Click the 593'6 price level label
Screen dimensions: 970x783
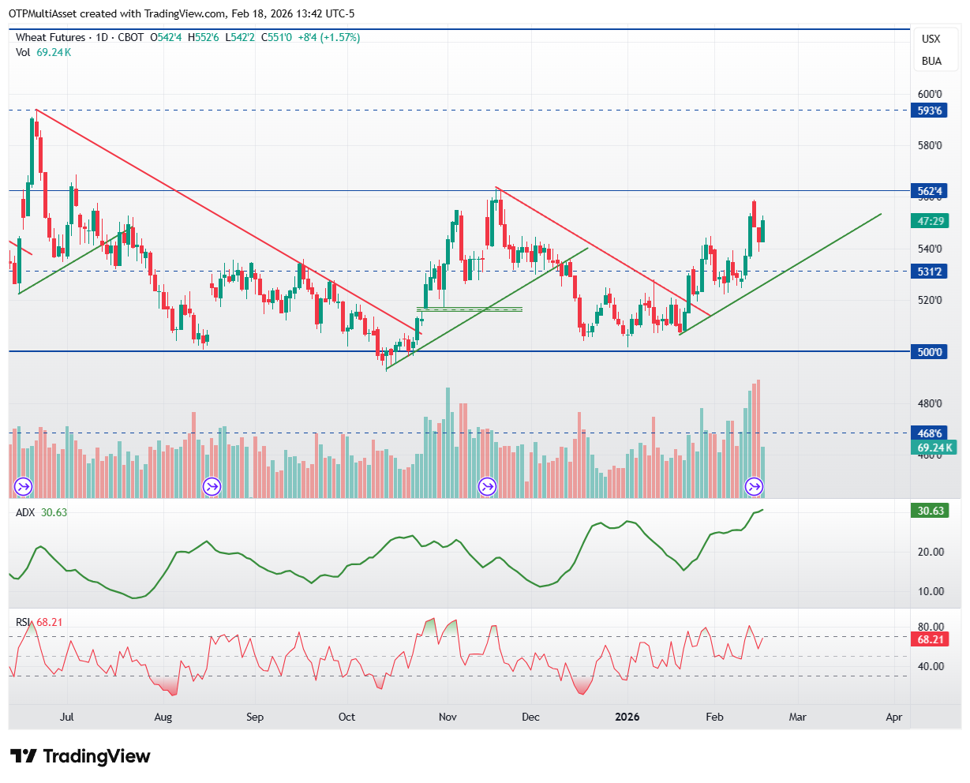pyautogui.click(x=928, y=111)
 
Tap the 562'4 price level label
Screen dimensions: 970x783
pyautogui.click(x=928, y=191)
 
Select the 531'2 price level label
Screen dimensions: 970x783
pyautogui.click(x=928, y=272)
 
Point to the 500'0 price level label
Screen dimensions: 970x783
pyautogui.click(x=928, y=352)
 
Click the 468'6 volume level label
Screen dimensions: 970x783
pyautogui.click(x=928, y=433)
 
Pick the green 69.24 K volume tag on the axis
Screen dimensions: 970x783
pyautogui.click(x=934, y=448)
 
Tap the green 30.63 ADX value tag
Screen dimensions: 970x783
pyautogui.click(x=930, y=511)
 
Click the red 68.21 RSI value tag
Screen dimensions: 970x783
pyautogui.click(x=930, y=639)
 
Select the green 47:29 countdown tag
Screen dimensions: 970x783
pyautogui.click(x=930, y=221)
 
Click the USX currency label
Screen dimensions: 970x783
pyautogui.click(x=931, y=39)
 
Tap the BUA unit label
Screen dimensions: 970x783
pyautogui.click(x=931, y=61)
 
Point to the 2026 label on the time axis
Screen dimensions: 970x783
pyautogui.click(x=627, y=717)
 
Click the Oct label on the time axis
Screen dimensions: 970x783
pyautogui.click(x=346, y=717)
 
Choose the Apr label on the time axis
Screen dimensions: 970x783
pyautogui.click(x=893, y=717)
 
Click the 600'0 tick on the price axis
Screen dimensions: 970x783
pyautogui.click(x=930, y=94)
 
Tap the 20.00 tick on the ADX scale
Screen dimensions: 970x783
pyautogui.click(x=931, y=552)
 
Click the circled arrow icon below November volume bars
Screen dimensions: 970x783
pyautogui.click(x=487, y=486)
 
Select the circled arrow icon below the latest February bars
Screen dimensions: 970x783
pyautogui.click(x=755, y=486)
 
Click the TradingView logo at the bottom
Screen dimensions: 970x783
pyautogui.click(x=81, y=756)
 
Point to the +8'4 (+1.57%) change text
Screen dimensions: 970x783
pyautogui.click(x=329, y=37)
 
